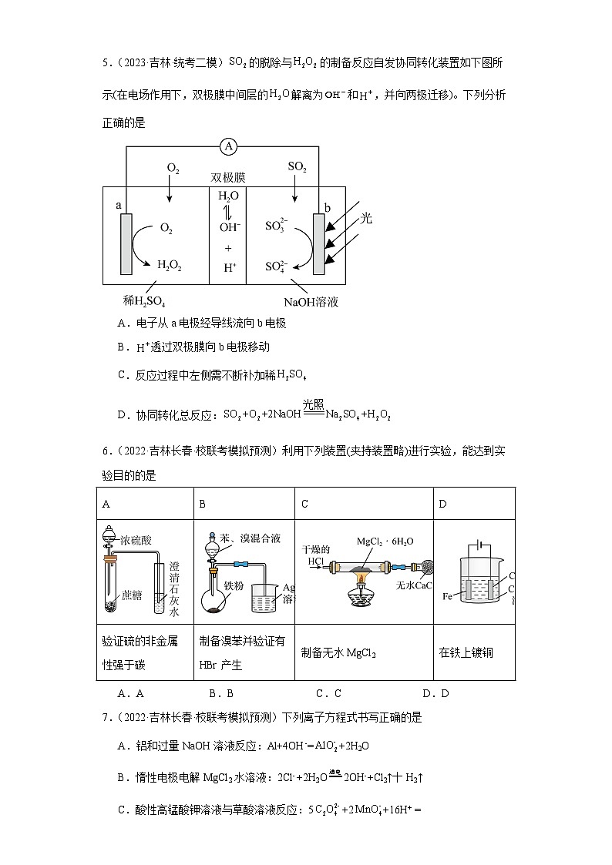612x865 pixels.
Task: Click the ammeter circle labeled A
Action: pyautogui.click(x=227, y=146)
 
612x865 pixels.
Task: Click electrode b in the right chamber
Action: pyautogui.click(x=318, y=243)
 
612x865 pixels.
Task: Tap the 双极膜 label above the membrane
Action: pyautogui.click(x=227, y=177)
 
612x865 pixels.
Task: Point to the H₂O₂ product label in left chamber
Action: pyautogui.click(x=170, y=265)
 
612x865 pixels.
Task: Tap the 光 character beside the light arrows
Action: pyautogui.click(x=366, y=218)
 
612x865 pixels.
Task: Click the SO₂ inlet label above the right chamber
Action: pyautogui.click(x=297, y=166)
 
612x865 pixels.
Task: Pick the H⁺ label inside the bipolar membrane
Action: pyautogui.click(x=229, y=267)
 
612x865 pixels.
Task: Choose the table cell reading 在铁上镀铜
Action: pyautogui.click(x=466, y=652)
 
